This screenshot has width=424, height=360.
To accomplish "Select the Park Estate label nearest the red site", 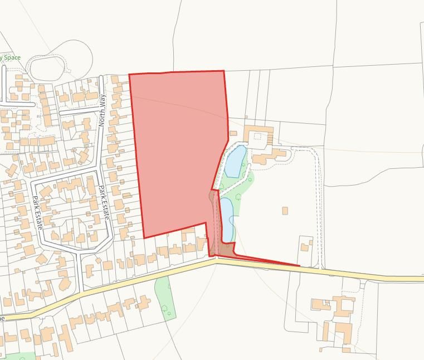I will pyautogui.click(x=103, y=202).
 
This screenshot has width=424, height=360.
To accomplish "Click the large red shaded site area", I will pyautogui.click(x=178, y=150).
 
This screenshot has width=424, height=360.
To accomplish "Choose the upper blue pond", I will pyautogui.click(x=234, y=162).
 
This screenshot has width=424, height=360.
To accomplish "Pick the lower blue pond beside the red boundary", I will pyautogui.click(x=227, y=218).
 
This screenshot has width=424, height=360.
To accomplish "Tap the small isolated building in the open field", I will pyautogui.click(x=285, y=211).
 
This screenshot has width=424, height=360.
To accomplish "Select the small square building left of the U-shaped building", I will pyautogui.click(x=233, y=133).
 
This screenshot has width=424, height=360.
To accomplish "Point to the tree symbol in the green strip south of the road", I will pyautogui.click(x=165, y=308).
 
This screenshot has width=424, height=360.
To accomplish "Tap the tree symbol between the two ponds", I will pyautogui.click(x=238, y=197).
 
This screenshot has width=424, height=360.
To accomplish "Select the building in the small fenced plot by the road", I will pyautogui.click(x=306, y=245).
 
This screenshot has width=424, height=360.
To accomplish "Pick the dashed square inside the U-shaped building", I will pyautogui.click(x=257, y=135).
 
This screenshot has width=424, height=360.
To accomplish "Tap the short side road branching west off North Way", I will pyautogui.click(x=78, y=110).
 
